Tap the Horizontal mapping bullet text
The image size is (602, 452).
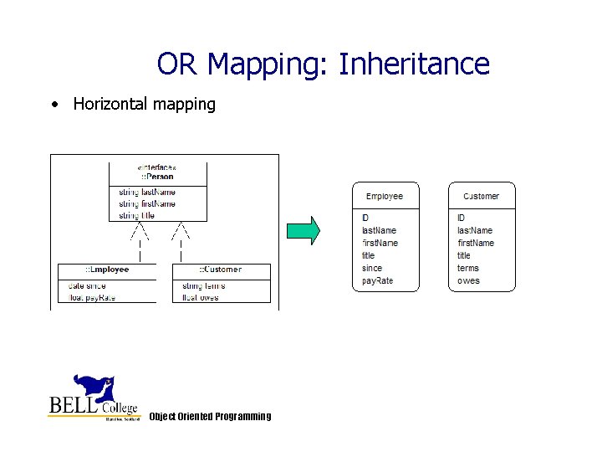(144, 105)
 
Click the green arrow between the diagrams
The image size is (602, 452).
(304, 230)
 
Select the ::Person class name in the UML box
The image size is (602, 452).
(157, 177)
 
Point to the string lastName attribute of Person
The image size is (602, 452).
(147, 192)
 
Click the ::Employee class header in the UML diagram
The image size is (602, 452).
(106, 270)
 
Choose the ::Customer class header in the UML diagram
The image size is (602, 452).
(221, 270)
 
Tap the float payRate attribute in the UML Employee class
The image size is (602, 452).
(92, 296)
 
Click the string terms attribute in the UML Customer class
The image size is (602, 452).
(203, 285)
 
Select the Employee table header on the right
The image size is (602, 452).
(384, 197)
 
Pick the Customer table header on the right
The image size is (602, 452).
(481, 197)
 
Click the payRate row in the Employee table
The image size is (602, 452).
(377, 281)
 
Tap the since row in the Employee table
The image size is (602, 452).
(372, 269)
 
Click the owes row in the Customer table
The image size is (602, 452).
(468, 281)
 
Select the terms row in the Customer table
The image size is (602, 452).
(468, 269)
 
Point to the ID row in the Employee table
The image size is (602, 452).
(366, 218)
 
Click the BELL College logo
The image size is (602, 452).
(93, 398)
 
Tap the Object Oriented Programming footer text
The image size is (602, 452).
(210, 417)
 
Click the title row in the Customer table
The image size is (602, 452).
(464, 256)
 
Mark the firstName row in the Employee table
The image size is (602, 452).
(380, 244)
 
